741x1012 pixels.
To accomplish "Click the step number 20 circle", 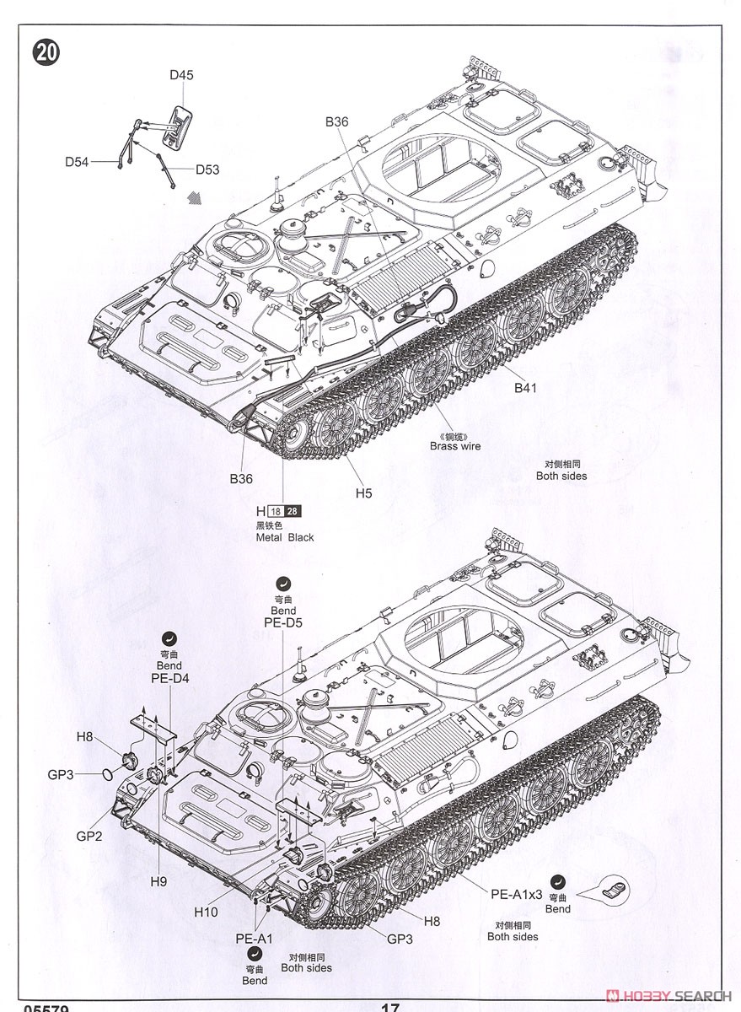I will (46, 52).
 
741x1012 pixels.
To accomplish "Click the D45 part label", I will (181, 75).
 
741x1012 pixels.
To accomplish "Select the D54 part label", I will (77, 161).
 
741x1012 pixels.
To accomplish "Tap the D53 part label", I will (207, 170).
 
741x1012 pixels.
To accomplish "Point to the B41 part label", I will (525, 388).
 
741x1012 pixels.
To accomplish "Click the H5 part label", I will (363, 493).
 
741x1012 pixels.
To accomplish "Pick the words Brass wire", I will (454, 446).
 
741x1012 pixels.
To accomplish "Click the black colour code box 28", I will (292, 511).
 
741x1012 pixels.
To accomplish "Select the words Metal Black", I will (285, 537).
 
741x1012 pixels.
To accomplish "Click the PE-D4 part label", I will (169, 678).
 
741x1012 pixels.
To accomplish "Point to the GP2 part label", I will (89, 836).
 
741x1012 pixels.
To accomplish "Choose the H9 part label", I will (159, 881).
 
